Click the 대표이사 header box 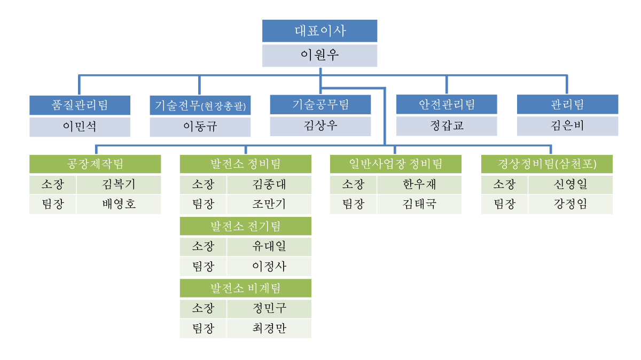[x=319, y=31]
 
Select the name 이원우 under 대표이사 [x=319, y=56]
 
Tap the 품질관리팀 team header [x=80, y=105]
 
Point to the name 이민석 [x=80, y=127]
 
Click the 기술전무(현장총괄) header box [x=200, y=105]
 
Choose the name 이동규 [x=200, y=127]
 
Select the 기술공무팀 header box [x=320, y=105]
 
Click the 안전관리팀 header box [x=447, y=104]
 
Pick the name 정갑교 [x=447, y=126]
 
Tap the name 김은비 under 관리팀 [x=567, y=126]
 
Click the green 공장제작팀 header [x=95, y=164]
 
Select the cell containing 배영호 [x=119, y=205]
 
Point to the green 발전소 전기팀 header [x=246, y=226]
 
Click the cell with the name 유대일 [x=269, y=246]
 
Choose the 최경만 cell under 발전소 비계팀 [x=269, y=328]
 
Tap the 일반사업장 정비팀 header [x=395, y=164]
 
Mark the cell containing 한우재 [x=419, y=185]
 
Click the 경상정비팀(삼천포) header [x=547, y=164]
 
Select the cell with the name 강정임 [x=570, y=205]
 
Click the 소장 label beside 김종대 [x=203, y=185]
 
